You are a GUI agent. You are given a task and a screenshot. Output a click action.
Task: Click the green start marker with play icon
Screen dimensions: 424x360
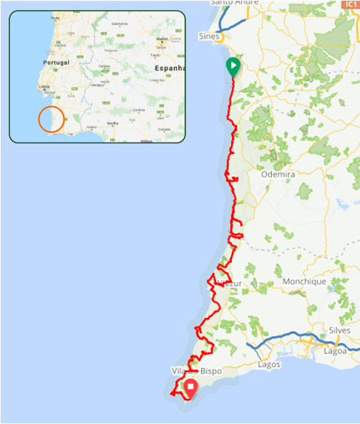(x=233, y=67)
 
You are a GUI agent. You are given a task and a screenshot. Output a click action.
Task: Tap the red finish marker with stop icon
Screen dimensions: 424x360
(x=191, y=387)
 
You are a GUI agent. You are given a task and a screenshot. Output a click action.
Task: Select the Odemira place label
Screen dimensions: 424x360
(x=279, y=173)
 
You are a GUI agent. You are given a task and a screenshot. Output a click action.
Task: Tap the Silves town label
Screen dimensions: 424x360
(x=339, y=330)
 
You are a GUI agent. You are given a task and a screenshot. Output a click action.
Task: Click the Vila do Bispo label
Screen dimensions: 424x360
(x=197, y=372)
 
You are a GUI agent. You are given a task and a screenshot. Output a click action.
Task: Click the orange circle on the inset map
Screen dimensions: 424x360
(x=52, y=119)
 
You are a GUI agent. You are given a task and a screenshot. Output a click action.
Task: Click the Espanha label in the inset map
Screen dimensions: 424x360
(x=169, y=68)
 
